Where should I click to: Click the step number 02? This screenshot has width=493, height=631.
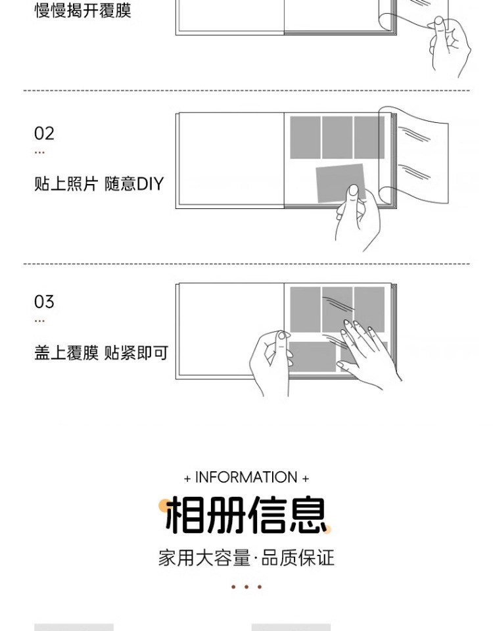click(44, 133)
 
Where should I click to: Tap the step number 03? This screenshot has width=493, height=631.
click(44, 302)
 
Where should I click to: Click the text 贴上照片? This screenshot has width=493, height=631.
click(66, 183)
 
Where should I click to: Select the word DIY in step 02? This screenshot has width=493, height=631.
click(150, 183)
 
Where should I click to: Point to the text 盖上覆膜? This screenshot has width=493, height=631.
click(66, 353)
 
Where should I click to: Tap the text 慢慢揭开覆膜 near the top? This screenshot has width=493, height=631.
click(83, 11)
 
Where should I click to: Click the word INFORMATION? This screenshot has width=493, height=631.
click(246, 477)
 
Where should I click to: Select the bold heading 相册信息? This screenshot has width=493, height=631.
click(246, 515)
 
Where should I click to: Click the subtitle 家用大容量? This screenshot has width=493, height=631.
click(204, 559)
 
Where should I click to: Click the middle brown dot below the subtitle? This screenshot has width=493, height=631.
click(246, 587)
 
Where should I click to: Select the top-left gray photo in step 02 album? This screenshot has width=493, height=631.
click(305, 137)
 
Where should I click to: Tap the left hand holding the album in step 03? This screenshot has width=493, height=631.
click(271, 362)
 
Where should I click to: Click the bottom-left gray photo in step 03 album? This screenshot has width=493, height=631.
click(312, 357)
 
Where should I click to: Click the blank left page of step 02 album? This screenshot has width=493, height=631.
click(230, 160)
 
